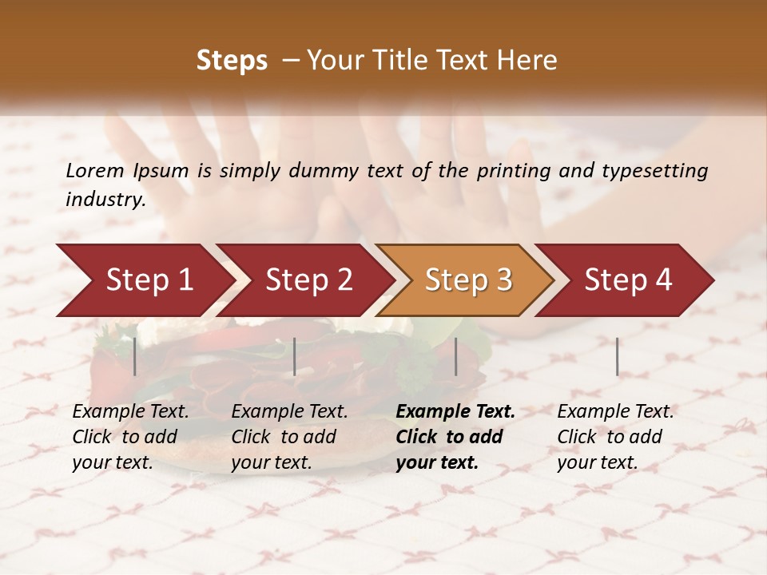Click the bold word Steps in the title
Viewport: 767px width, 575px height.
232,61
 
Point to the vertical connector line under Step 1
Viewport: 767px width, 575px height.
135,356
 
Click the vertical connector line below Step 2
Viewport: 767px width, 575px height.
295,356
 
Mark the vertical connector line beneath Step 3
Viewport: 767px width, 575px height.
456,356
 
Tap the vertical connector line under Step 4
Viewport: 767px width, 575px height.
618,356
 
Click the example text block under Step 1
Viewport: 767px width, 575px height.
130,437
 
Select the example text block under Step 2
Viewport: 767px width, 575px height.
289,437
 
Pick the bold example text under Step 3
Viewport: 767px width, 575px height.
455,437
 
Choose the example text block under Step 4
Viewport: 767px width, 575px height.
615,437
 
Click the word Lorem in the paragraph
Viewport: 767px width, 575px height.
95,171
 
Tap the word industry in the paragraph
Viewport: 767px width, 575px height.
105,200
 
